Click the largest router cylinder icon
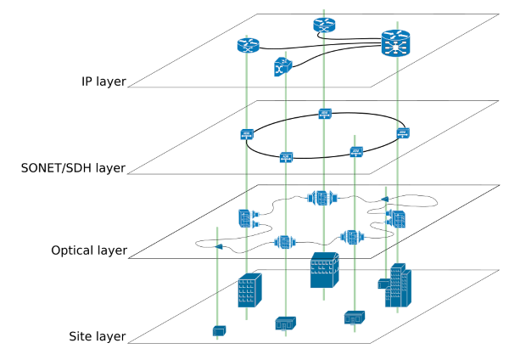coord(395,43)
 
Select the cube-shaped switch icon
coord(282,67)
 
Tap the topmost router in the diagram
coord(323,25)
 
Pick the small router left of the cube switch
coord(248,46)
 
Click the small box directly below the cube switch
coord(286,157)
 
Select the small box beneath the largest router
coord(403,133)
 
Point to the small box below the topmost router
coord(325,114)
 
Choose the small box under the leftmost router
coord(247,134)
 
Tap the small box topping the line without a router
coord(356,152)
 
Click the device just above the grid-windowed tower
coord(248,218)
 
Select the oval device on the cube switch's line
coord(285,242)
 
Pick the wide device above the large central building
coord(322,198)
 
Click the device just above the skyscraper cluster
coord(396,218)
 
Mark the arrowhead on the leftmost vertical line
coord(219,246)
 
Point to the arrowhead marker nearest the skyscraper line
coord(385,200)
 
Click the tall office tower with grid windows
coord(249,290)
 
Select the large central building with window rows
coord(324,271)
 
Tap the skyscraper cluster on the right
coord(397,287)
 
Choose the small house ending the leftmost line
coord(219,330)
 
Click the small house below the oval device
coord(285,323)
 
